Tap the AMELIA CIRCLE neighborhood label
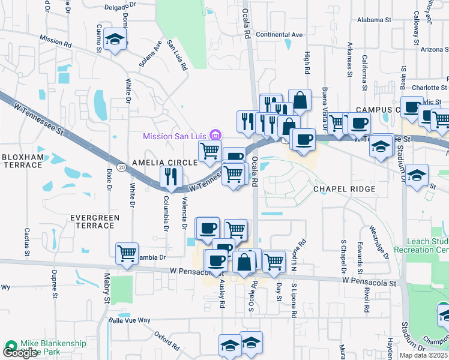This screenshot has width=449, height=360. click(164, 163)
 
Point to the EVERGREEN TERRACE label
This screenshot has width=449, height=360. click(92, 221)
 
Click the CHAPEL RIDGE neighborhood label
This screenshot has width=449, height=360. click(345, 189)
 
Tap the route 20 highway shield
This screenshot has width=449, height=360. click(121, 166)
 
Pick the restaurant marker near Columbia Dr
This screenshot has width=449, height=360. click(171, 176)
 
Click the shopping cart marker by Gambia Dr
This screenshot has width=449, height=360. click(127, 253)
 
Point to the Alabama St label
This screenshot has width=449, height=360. click(373, 20)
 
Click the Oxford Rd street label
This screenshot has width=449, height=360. click(166, 341)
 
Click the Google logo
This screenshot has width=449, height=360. click(20, 353)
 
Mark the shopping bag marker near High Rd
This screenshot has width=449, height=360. click(300, 100)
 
